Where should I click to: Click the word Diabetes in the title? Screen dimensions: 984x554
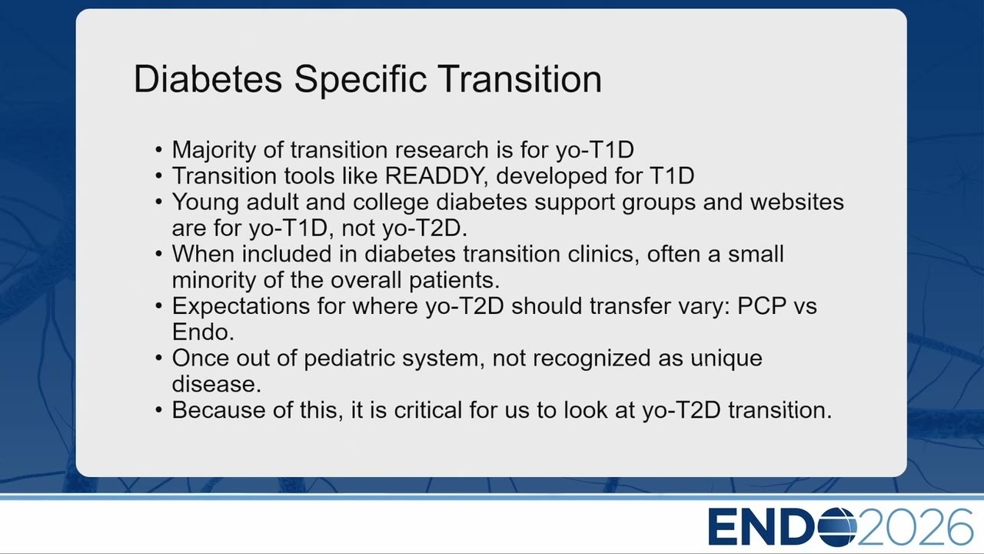click(208, 78)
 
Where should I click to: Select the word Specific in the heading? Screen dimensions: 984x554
click(361, 80)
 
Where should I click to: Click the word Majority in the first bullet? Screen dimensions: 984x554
click(214, 150)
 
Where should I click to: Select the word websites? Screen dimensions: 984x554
click(797, 202)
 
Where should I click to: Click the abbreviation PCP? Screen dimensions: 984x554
click(762, 305)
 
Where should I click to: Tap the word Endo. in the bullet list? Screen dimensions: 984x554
click(203, 332)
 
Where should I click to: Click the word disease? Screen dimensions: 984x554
click(217, 384)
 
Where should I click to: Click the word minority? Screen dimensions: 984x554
click(214, 280)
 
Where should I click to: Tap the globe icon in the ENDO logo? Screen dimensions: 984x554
click(837, 527)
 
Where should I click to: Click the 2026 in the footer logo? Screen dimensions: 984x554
click(916, 527)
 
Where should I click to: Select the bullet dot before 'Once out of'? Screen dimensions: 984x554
click(159, 358)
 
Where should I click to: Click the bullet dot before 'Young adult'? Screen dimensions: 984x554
click(159, 202)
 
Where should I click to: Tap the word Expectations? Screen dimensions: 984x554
click(241, 306)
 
